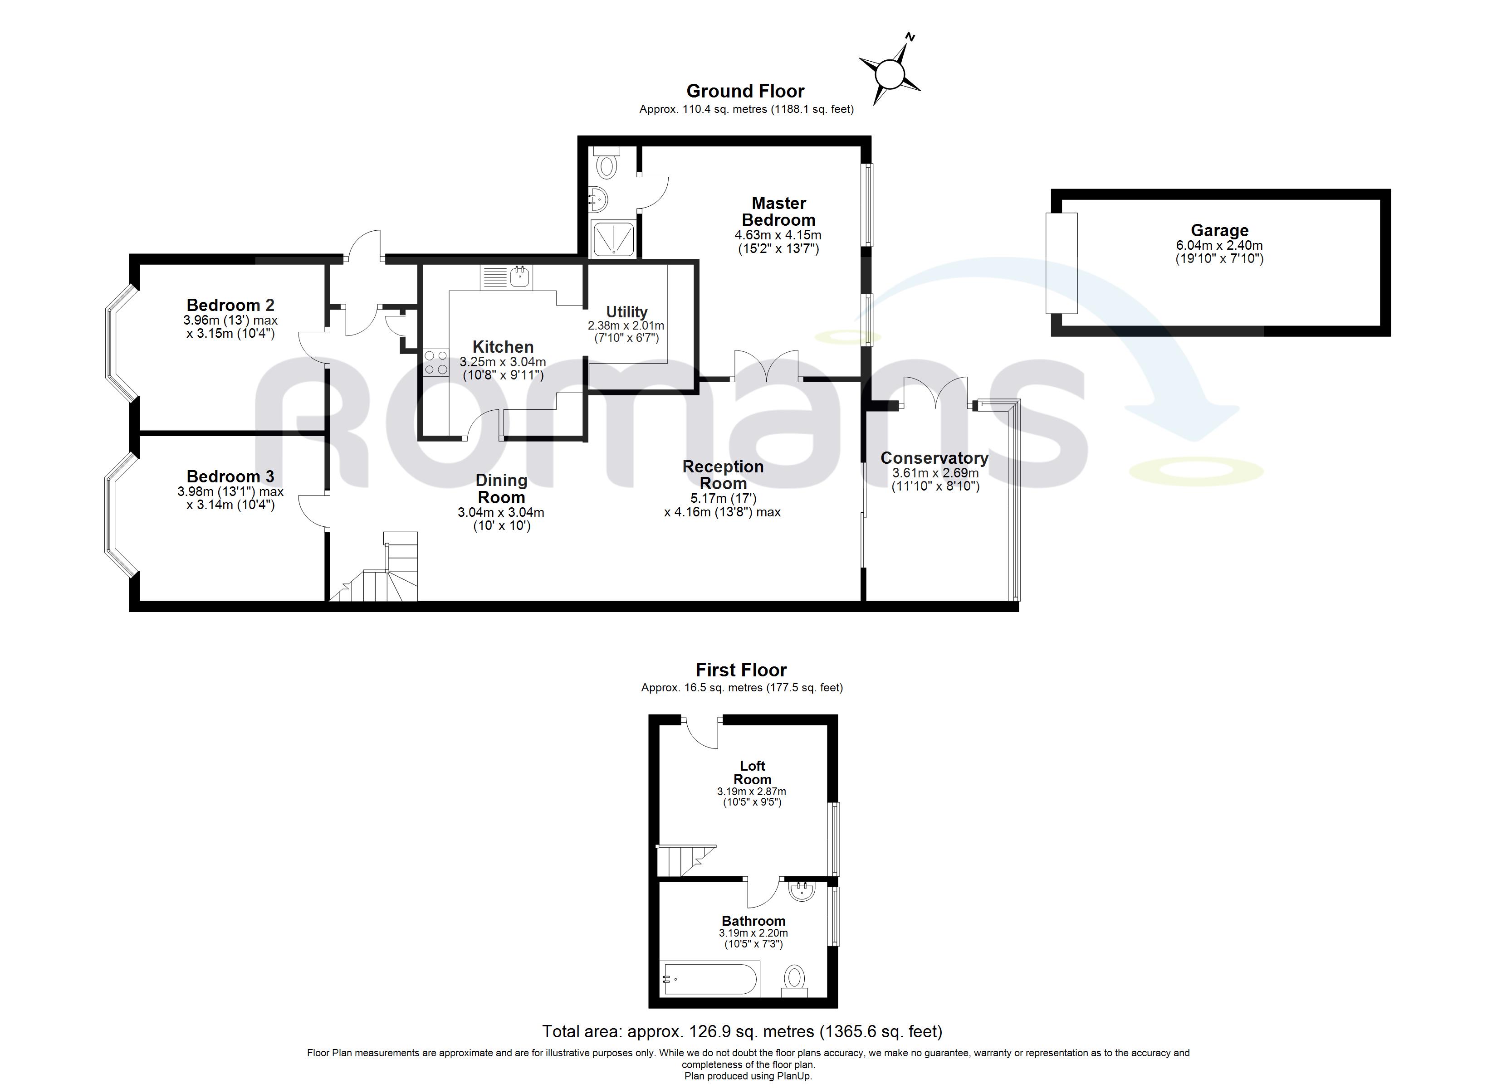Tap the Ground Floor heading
(x=745, y=91)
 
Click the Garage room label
(x=1219, y=230)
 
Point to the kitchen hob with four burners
(x=435, y=362)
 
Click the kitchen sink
(x=521, y=277)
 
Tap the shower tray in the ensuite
(x=614, y=239)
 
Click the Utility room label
(x=626, y=312)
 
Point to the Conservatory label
(x=934, y=458)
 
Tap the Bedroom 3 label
(x=230, y=476)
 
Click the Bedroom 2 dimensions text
(x=230, y=326)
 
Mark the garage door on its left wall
(x=1062, y=263)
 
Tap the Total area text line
(x=742, y=1031)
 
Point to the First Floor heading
(x=741, y=670)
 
